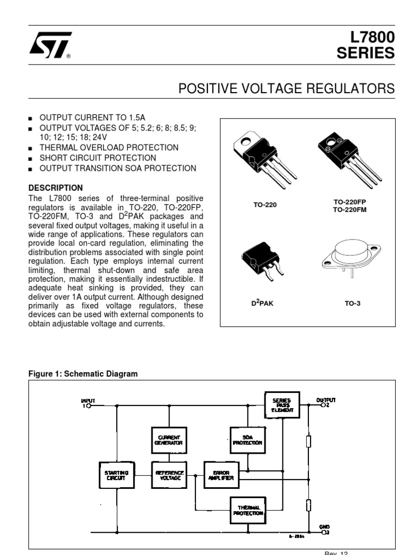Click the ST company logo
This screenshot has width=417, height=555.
click(x=48, y=45)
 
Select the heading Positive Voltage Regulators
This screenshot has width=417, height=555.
click(x=287, y=88)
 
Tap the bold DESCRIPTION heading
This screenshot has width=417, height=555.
click(x=53, y=188)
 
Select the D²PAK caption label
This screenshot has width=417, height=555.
click(x=262, y=303)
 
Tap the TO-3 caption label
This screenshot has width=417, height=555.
click(x=352, y=303)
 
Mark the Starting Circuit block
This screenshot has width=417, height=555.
click(x=116, y=475)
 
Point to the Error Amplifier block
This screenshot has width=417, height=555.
click(x=222, y=475)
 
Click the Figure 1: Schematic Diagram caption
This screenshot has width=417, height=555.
click(x=83, y=374)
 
